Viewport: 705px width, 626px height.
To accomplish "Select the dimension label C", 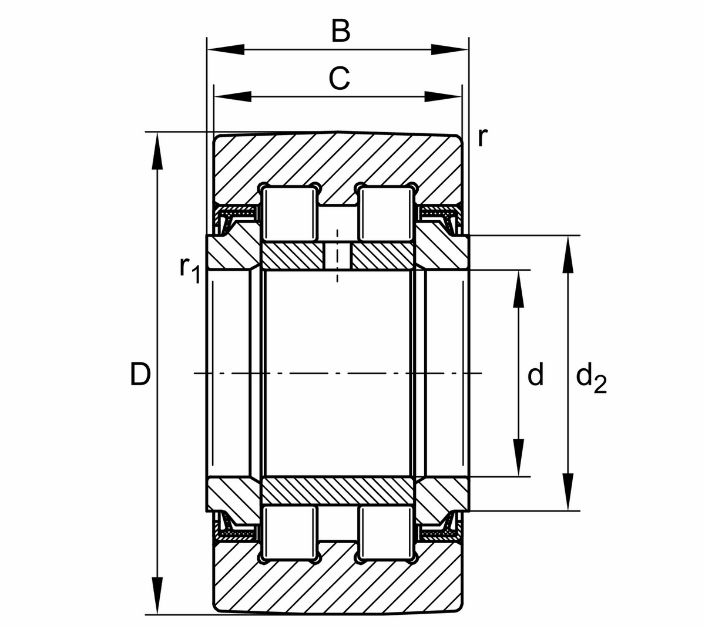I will [339, 78].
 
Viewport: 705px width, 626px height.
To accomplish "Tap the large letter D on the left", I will [140, 374].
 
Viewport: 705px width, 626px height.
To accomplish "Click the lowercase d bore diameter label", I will [535, 374].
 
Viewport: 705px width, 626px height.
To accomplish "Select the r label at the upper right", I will [482, 137].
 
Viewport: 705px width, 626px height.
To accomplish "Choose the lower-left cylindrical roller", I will [288, 531].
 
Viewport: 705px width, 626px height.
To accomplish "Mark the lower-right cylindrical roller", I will [385, 531].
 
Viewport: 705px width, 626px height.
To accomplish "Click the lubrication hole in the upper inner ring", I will [337, 256].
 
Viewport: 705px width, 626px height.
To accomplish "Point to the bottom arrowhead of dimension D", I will [157, 596].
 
